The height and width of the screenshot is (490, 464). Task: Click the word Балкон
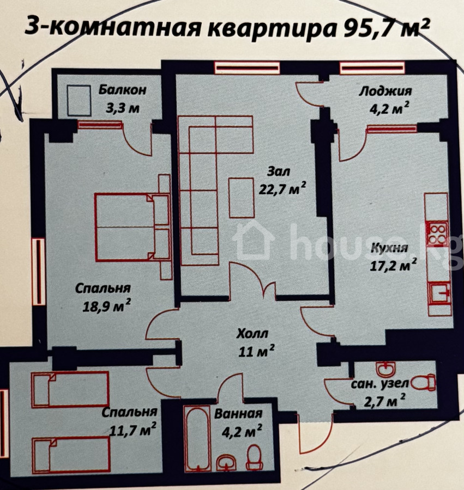(x=122, y=90)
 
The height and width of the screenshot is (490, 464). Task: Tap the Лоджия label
(x=385, y=91)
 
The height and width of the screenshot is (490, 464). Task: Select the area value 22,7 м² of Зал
(x=282, y=188)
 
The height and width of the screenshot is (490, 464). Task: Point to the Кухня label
(x=389, y=248)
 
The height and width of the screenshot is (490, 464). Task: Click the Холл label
(x=252, y=333)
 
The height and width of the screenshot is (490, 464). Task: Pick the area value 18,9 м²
(x=106, y=306)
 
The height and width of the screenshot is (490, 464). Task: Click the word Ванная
(x=238, y=414)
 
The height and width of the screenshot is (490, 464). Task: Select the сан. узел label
(x=380, y=384)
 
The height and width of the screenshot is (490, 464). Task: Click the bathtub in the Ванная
(x=198, y=438)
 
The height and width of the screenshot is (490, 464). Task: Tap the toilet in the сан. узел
(x=423, y=382)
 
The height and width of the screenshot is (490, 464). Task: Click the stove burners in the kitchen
(x=438, y=234)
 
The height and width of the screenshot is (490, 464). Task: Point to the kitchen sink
(x=439, y=293)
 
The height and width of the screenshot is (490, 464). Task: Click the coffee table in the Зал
(x=241, y=198)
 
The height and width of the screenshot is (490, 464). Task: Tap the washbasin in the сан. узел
(x=387, y=369)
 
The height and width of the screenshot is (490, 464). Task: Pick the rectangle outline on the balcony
(x=80, y=101)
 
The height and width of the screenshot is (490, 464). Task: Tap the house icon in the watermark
(x=254, y=240)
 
